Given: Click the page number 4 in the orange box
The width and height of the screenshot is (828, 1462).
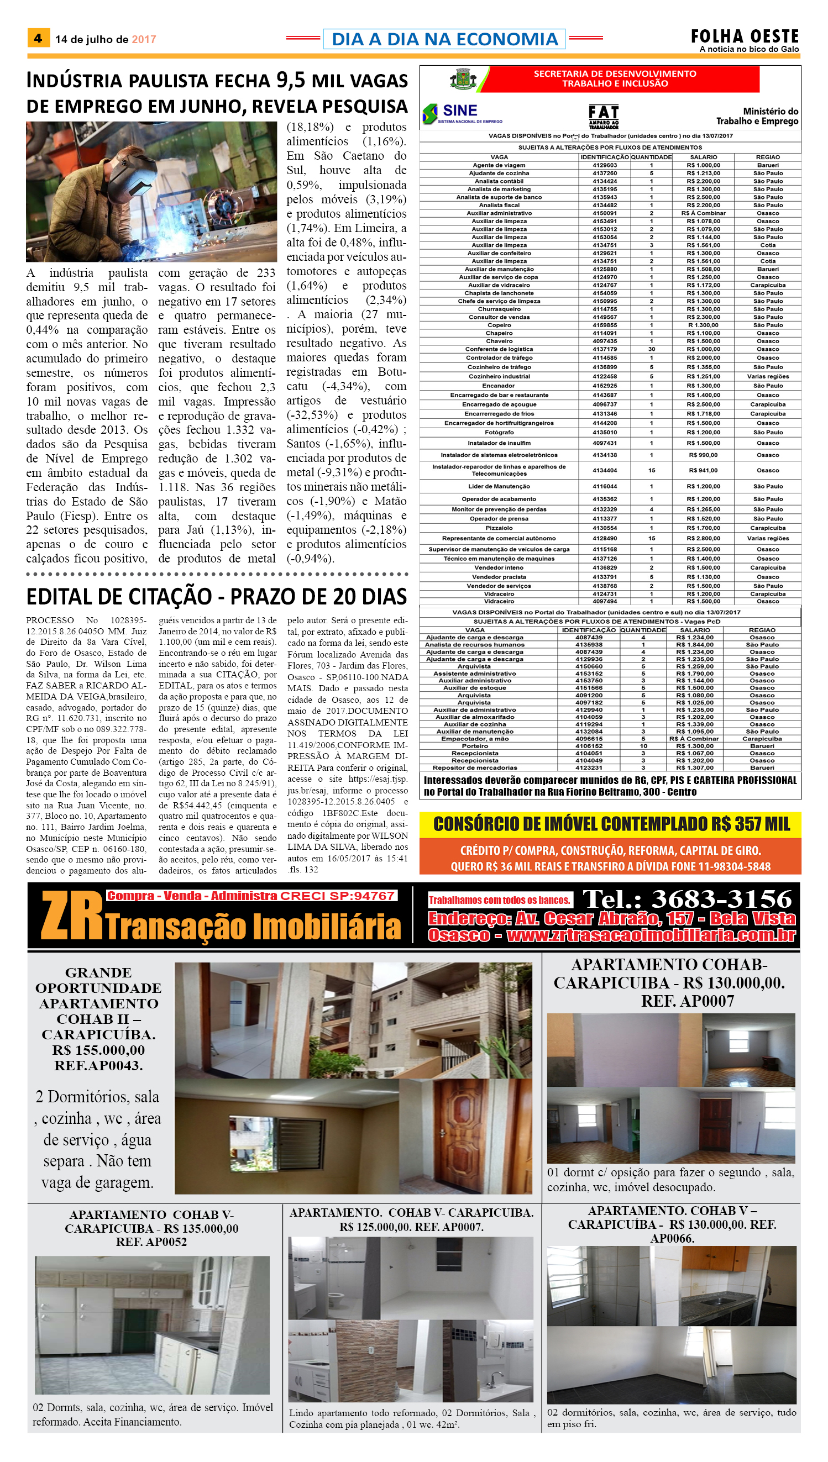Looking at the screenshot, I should (x=38, y=38).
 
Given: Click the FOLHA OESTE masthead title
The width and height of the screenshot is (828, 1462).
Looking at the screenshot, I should (x=745, y=36).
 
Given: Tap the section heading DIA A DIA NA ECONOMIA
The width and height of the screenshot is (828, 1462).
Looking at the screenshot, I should (x=444, y=39).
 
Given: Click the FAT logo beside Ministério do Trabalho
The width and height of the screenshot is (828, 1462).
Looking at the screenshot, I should (x=604, y=116).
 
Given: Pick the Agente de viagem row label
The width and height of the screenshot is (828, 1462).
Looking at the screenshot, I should (x=499, y=165).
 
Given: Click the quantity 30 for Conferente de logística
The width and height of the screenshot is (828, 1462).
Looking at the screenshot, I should (x=651, y=349).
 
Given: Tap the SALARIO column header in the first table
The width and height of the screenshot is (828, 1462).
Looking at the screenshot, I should (x=704, y=157).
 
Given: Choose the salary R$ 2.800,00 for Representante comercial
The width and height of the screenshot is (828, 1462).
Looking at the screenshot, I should (x=703, y=538).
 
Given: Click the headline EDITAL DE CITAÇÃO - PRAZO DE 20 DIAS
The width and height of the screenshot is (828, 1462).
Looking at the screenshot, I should (x=217, y=596).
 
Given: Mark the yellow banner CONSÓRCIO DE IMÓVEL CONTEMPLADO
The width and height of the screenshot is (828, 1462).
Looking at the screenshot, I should (x=611, y=824).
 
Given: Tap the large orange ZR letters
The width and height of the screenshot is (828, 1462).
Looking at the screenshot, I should (x=72, y=916).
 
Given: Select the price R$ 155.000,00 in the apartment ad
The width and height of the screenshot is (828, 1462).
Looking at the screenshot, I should (x=98, y=1050).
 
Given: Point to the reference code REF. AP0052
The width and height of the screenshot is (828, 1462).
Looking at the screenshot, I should (x=151, y=1242).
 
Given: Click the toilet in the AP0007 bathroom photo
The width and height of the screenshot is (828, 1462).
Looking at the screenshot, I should (x=336, y=1298).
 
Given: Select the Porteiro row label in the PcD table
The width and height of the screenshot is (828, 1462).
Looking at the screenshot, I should (x=475, y=746).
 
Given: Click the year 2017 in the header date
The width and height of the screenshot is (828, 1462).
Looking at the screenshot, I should (x=144, y=39).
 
